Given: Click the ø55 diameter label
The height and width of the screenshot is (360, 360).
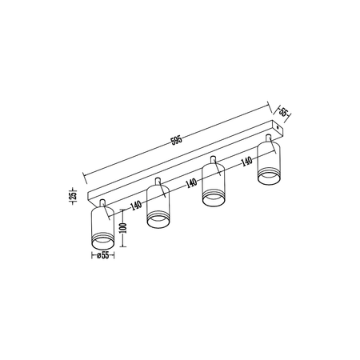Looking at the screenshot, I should click(x=102, y=258).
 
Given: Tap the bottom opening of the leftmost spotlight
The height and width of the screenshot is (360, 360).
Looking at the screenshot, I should click(x=102, y=241).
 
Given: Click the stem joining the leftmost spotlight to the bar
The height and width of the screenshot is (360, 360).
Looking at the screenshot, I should click(x=102, y=199).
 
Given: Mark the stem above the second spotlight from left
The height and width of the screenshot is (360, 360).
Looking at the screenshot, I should click(x=160, y=182).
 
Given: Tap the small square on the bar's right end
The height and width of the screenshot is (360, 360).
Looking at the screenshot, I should click(x=278, y=126).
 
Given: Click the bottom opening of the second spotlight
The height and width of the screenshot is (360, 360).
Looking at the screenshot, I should click(x=160, y=221).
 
